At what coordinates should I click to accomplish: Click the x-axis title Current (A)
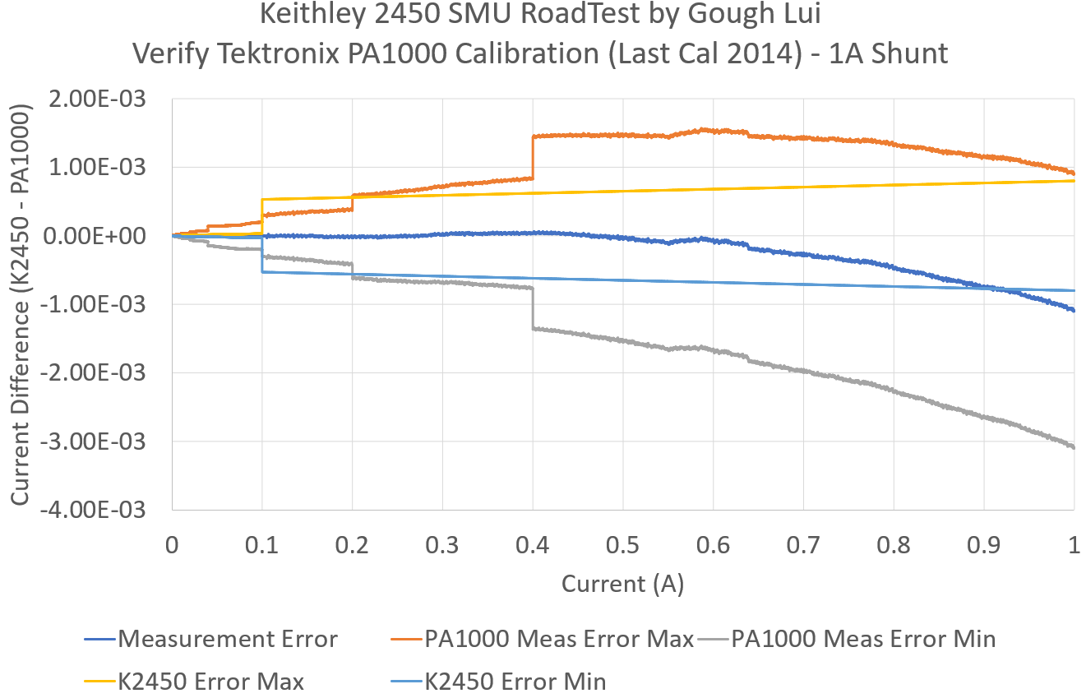pos(622,584)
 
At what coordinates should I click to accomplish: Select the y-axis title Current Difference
pos(22,304)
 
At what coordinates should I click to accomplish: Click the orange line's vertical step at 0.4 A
pos(533,157)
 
